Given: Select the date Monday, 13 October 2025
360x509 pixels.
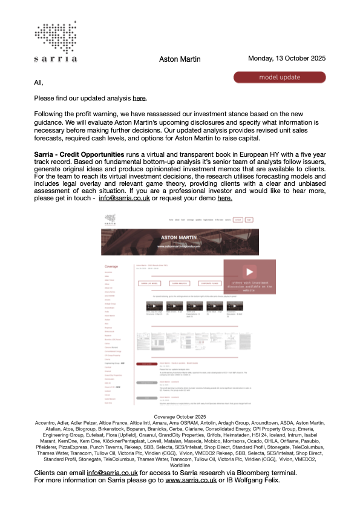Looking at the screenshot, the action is pyautogui.click(x=287, y=58).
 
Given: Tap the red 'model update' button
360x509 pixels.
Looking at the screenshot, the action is pyautogui.click(x=280, y=77).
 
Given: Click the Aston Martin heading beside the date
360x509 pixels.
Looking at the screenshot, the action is pyautogui.click(x=180, y=59).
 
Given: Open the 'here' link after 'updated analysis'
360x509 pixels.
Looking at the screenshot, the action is pyautogui.click(x=139, y=98).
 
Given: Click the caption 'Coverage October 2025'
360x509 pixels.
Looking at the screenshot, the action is pyautogui.click(x=180, y=434).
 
